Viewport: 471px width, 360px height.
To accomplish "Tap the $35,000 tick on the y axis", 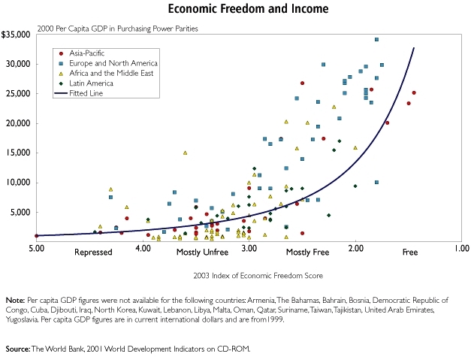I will pyautogui.click(x=15, y=35).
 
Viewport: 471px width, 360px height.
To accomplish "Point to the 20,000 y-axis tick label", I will pyautogui.click(x=17, y=123).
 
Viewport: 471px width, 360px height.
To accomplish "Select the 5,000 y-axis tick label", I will pyautogui.click(x=19, y=212).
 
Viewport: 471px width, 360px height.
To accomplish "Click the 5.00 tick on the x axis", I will pyautogui.click(x=36, y=247).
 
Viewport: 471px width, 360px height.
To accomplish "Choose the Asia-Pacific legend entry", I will pyautogui.click(x=88, y=53).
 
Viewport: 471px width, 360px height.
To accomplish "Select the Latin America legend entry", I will pyautogui.click(x=89, y=83).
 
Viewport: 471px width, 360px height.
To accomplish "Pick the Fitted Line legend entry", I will pyautogui.click(x=86, y=94).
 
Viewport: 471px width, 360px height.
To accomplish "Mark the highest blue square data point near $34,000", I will pyautogui.click(x=376, y=40).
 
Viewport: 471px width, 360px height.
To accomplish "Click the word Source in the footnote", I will pyautogui.click(x=17, y=349).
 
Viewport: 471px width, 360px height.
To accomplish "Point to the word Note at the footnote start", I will pyautogui.click(x=14, y=300).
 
